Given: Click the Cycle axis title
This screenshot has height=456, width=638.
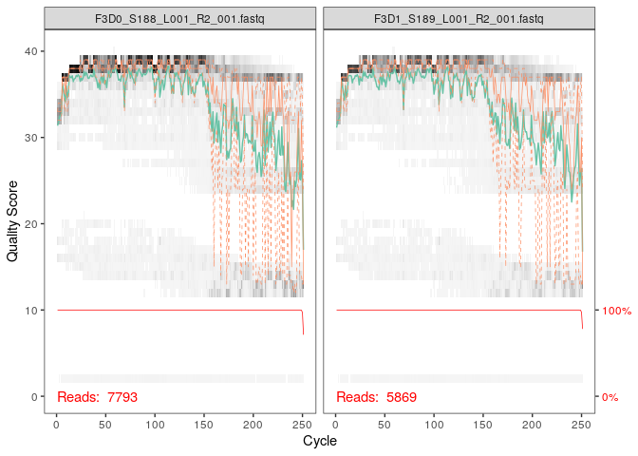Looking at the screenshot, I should [x=319, y=442].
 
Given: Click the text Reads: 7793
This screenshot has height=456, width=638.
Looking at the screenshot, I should [x=93, y=396].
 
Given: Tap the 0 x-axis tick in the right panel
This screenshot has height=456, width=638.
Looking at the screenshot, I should [x=336, y=423].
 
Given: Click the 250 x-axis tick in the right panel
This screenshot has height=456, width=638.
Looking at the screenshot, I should [x=582, y=423].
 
